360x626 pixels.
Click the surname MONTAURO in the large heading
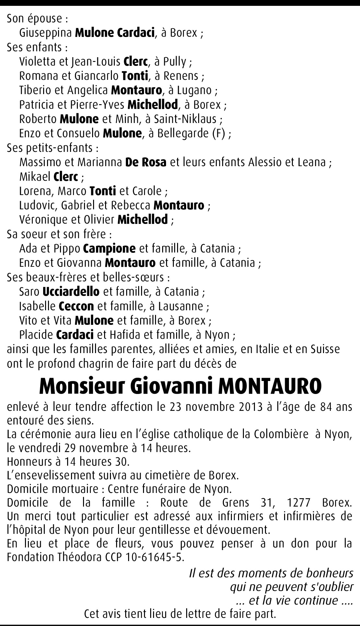(x=270, y=386)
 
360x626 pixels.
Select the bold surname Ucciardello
(x=71, y=291)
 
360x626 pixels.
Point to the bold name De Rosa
(x=146, y=162)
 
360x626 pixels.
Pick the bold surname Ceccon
(x=76, y=306)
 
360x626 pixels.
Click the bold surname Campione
(x=109, y=249)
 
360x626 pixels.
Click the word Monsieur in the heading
(x=82, y=386)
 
